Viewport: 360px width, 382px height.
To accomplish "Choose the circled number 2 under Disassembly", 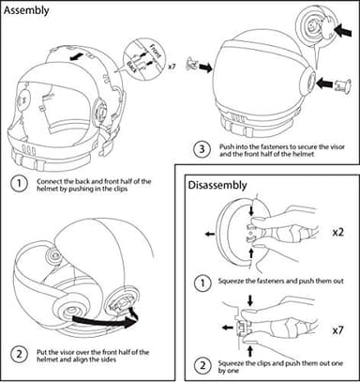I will (x=201, y=364).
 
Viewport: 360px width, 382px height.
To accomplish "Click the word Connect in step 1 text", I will (x=50, y=180).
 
